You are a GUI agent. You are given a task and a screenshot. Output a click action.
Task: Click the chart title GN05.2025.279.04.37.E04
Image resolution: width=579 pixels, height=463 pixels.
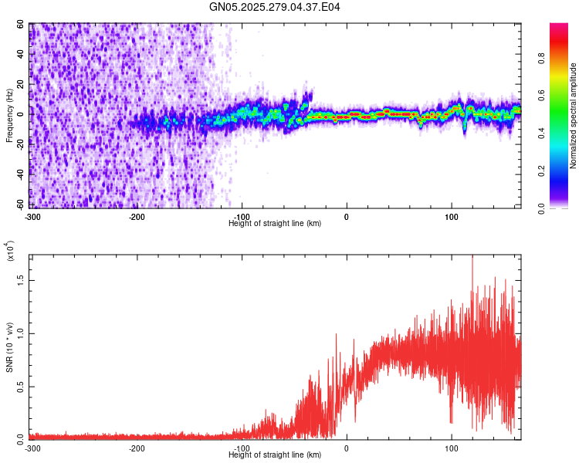tap(275, 7)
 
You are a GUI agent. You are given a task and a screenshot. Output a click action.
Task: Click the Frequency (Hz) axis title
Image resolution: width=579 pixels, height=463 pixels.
tap(10, 115)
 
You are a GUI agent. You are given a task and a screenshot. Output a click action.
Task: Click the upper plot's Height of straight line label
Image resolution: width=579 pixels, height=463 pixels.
tap(275, 223)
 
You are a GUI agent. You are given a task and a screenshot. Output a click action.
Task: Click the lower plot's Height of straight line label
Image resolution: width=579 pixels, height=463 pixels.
tap(275, 455)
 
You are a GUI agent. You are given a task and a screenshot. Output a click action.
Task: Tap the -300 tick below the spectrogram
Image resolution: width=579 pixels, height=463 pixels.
tap(32, 216)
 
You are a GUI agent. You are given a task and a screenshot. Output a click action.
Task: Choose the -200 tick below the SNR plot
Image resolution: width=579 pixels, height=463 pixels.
tap(137, 448)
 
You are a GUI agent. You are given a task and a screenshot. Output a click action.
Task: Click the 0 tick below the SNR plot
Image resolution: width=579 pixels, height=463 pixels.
tap(346, 448)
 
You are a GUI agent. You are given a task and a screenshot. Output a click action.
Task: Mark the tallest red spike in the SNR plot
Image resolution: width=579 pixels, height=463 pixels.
tap(472, 258)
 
